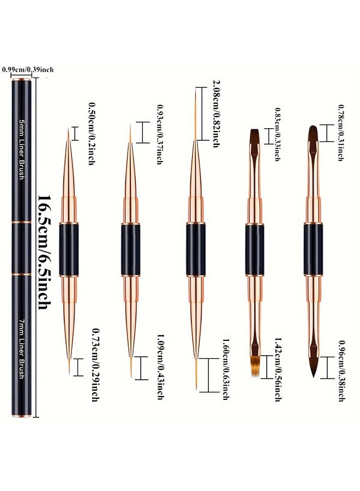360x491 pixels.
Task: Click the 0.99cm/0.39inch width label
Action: coord(28,69)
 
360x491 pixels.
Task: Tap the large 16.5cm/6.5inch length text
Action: coord(45,252)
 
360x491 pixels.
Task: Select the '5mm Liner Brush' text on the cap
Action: coord(22,149)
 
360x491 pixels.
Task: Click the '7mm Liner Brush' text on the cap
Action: coord(22,349)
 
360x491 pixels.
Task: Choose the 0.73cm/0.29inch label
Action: coord(95,364)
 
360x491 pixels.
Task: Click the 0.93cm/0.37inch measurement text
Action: coord(159,134)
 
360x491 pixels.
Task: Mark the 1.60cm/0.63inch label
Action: coord(226,369)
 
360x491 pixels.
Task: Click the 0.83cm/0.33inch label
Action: coord(277,134)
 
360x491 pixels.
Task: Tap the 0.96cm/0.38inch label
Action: coord(342,370)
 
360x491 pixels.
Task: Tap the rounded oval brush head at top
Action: coord(313,133)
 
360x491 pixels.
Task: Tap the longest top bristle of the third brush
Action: coord(196,114)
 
